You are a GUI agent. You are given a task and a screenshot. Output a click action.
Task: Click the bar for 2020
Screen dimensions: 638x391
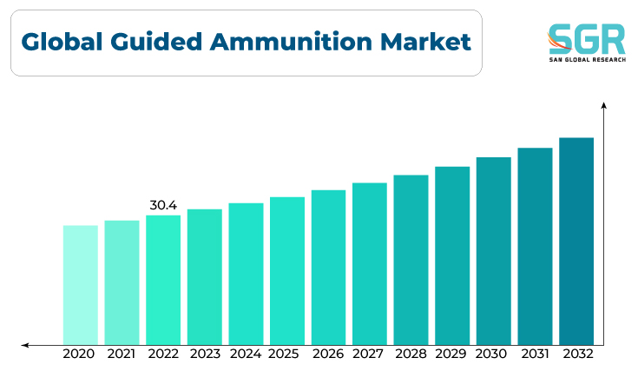coord(81,285)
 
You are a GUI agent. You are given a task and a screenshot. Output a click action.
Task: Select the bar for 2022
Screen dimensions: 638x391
coord(163,280)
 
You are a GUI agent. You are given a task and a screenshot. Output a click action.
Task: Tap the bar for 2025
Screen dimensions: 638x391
coord(287,271)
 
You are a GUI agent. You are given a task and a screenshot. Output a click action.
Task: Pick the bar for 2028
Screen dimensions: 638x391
coord(411,261)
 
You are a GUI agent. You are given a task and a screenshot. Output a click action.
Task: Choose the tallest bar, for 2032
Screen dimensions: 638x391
coord(576,242)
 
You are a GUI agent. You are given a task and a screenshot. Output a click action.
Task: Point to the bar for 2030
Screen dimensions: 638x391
coord(494,251)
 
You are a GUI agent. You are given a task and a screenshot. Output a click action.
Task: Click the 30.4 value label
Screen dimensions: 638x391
coord(163,205)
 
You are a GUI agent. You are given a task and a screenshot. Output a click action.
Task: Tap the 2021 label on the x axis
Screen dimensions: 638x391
coord(122,354)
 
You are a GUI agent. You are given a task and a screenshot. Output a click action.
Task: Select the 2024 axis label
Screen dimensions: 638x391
coord(246,354)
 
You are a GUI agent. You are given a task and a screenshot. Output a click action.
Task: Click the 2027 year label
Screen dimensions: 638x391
coord(368,354)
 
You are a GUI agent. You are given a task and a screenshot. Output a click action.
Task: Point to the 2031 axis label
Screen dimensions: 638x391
coord(535,354)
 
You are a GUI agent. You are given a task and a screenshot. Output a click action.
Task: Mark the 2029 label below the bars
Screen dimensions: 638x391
coord(451,354)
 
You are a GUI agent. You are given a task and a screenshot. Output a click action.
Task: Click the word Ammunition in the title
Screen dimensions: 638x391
coord(291,42)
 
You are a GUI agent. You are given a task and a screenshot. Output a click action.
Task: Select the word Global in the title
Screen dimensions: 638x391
coord(62,42)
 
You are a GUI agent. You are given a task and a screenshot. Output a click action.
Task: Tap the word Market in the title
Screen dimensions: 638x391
coord(425,42)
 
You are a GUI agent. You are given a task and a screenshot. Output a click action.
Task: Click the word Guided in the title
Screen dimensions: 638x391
coord(156,42)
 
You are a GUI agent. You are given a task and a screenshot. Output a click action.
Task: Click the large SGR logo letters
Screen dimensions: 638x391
coord(586,39)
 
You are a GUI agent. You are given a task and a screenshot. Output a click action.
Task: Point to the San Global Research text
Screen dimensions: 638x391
coord(588,59)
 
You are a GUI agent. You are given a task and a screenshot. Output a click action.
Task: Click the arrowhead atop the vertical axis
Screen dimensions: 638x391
coord(604,105)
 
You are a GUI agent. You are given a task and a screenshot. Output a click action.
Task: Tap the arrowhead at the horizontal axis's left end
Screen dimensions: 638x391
coord(25,346)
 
